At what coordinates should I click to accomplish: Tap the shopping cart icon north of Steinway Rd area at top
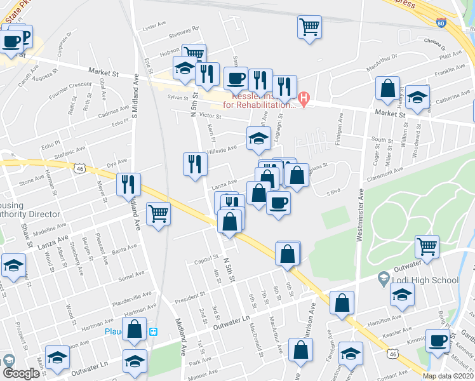click(x=309, y=27)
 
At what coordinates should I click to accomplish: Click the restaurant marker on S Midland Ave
click(x=129, y=184)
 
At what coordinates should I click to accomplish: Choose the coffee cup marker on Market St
click(x=236, y=78)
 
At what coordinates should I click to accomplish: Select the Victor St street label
click(x=209, y=116)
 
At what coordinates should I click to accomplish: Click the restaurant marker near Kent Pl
click(x=195, y=164)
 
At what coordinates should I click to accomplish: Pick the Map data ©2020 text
click(x=448, y=376)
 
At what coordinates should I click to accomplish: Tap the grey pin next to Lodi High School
click(x=383, y=278)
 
